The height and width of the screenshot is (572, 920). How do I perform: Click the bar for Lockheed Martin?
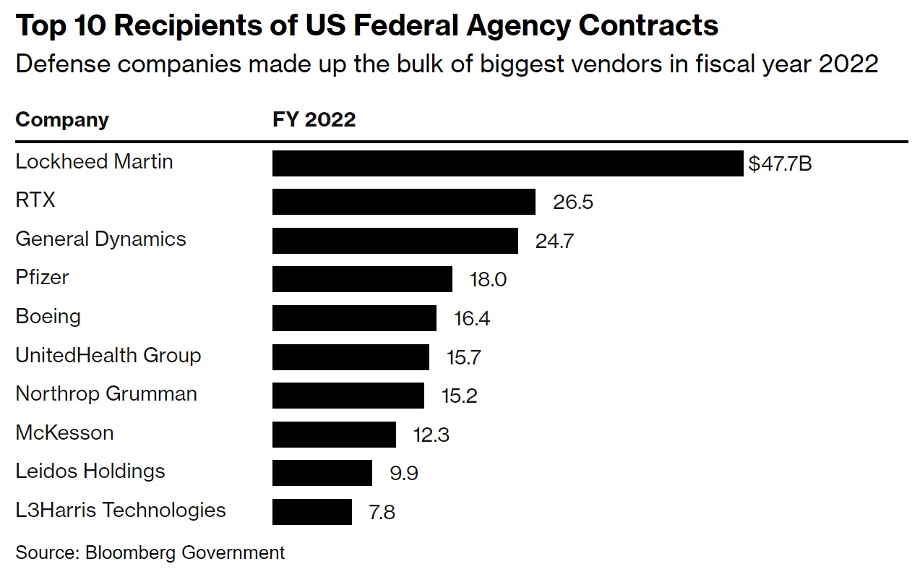507,163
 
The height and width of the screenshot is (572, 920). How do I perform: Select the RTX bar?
403,202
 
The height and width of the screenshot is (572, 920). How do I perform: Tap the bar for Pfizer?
362,279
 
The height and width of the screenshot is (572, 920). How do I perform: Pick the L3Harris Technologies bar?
311,511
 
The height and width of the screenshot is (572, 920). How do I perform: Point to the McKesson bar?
334,434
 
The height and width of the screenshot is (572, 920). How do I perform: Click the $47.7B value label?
780,163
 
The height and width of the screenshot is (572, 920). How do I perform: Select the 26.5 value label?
572,202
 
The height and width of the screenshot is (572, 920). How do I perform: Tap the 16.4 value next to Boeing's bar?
472,318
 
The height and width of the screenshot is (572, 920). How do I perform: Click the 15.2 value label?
459,396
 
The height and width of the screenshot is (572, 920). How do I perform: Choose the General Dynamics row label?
100,239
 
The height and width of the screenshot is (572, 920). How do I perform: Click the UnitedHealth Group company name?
108,355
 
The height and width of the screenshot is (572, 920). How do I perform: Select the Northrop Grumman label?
106,394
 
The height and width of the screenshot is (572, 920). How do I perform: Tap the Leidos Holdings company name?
90,471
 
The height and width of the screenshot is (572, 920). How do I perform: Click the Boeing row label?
48,317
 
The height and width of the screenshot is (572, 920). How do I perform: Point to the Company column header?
62,119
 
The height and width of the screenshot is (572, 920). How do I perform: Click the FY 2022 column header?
314,119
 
